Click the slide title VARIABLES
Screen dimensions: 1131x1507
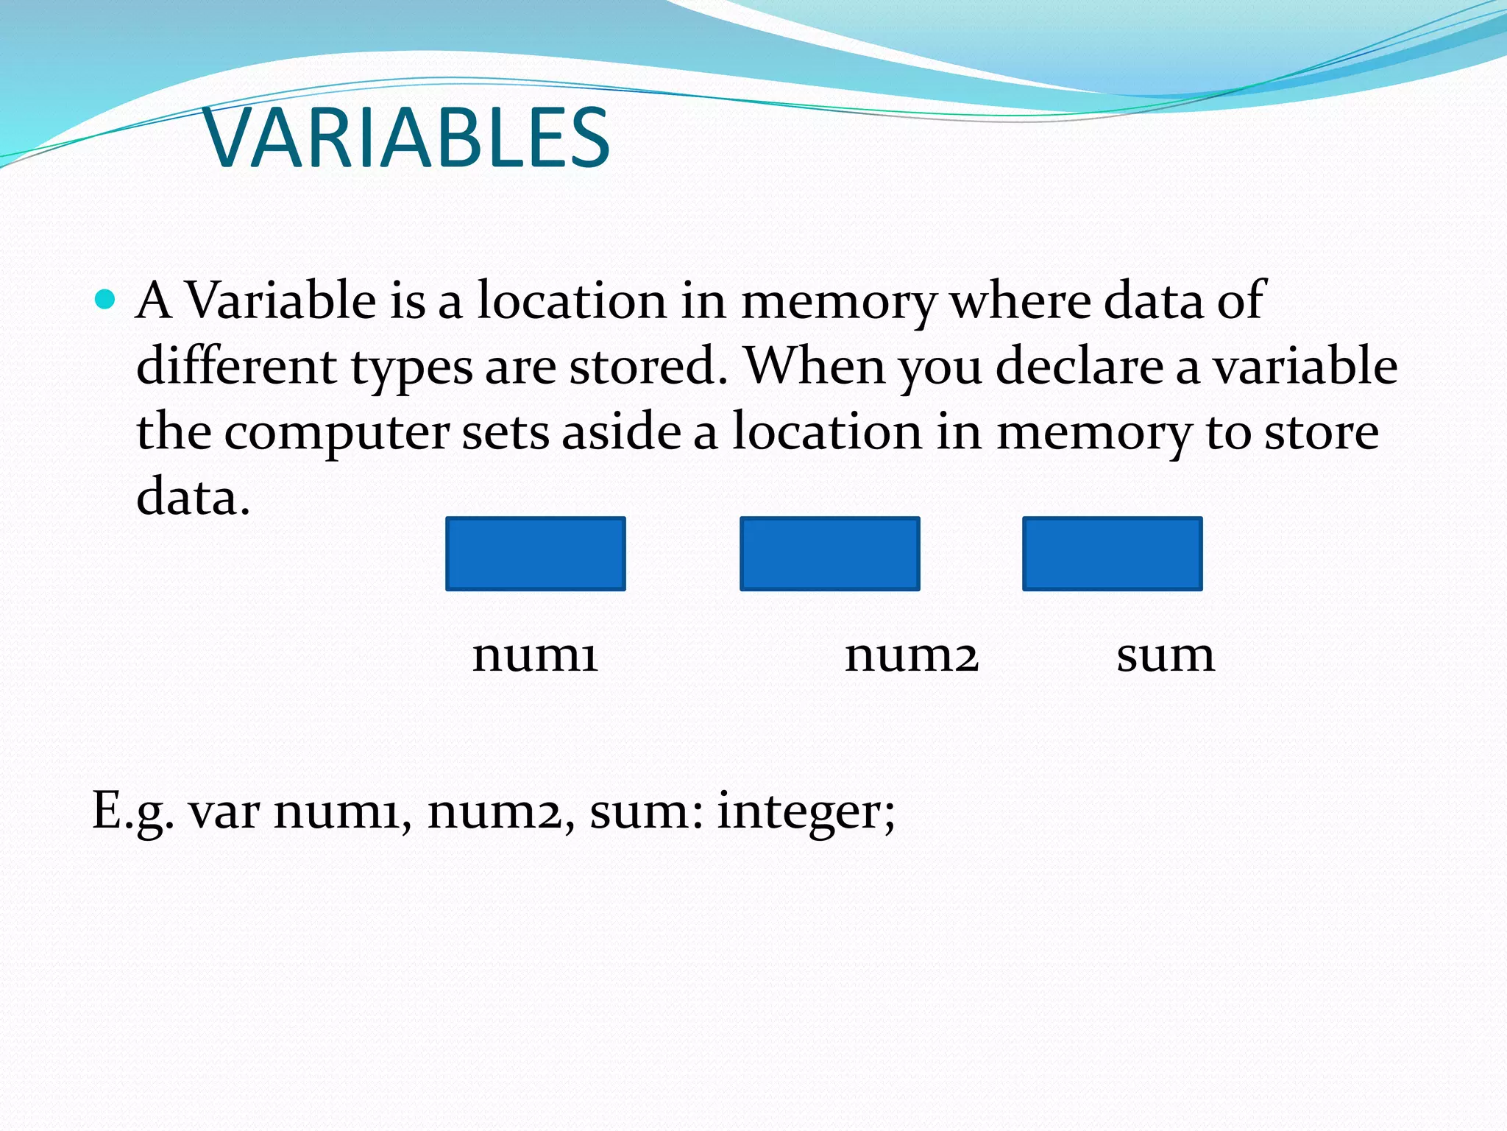tap(407, 138)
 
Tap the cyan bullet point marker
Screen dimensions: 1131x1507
tap(106, 299)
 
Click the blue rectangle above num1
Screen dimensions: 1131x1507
tap(535, 554)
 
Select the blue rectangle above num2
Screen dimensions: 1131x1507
tap(829, 554)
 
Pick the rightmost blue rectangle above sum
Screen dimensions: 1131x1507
tap(1112, 554)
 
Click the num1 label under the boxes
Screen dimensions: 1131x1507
tap(535, 654)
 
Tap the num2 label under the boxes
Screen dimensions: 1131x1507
tap(911, 654)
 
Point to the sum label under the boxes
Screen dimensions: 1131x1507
tap(1165, 654)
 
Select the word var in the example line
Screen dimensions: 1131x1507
tap(224, 811)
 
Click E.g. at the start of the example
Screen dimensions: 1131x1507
tap(133, 811)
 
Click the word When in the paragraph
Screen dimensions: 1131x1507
tap(815, 366)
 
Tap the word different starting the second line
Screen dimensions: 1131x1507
tap(236, 366)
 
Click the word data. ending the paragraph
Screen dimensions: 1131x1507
tap(194, 497)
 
